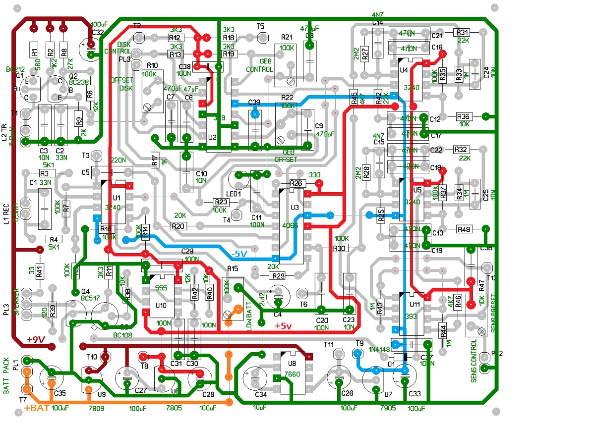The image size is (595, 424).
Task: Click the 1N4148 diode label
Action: coord(379,349)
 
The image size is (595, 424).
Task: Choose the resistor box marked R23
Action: coord(221,202)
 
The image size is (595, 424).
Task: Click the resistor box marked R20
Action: coord(178,226)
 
